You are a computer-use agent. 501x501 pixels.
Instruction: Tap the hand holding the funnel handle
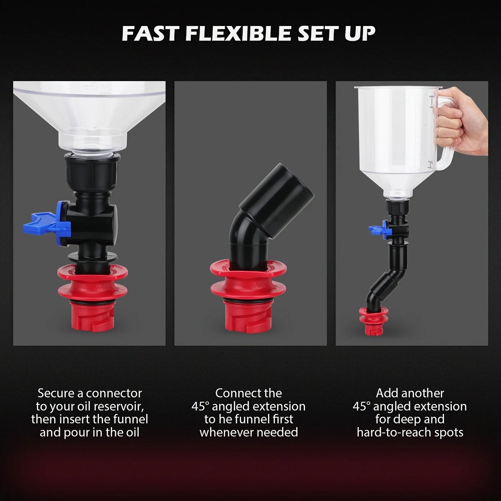tap(461, 121)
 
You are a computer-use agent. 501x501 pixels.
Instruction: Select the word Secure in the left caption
tap(55, 393)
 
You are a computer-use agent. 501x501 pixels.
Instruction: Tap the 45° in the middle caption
tap(199, 406)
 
